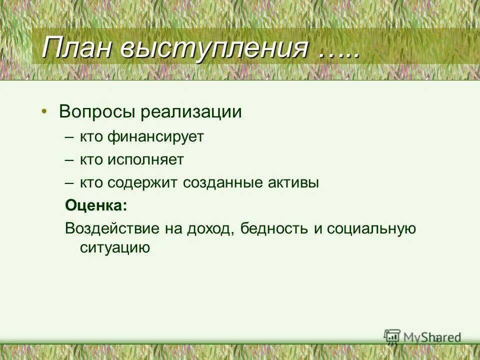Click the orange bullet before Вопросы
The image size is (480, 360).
[x=45, y=111]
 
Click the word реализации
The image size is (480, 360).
[x=191, y=111]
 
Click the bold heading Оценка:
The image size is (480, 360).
[x=96, y=205]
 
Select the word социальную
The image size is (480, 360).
[x=372, y=228]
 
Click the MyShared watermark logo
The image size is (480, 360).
[x=422, y=337]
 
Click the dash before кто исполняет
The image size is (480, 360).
[x=69, y=160]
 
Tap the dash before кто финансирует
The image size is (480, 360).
[x=69, y=137]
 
